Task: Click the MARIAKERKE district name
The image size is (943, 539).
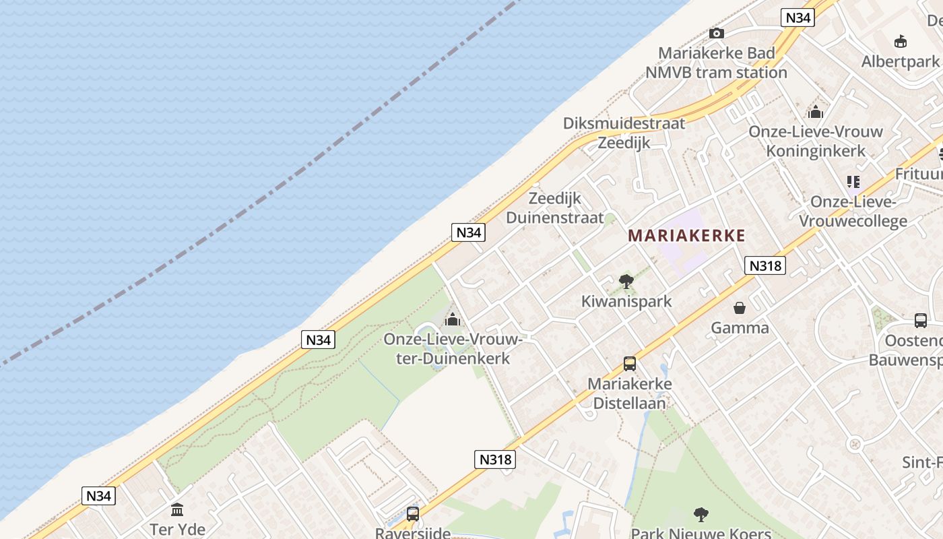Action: click(x=686, y=236)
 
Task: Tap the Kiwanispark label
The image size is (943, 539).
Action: click(x=626, y=301)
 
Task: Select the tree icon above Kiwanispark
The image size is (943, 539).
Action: click(x=626, y=282)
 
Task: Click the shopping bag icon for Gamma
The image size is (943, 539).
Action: click(x=740, y=308)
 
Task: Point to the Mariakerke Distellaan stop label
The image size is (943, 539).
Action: click(x=629, y=393)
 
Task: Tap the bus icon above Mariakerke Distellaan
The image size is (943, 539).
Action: click(x=630, y=364)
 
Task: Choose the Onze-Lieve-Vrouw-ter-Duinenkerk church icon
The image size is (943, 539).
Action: click(x=453, y=319)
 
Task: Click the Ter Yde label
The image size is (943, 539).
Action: click(x=178, y=530)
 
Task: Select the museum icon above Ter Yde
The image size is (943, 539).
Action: click(x=177, y=509)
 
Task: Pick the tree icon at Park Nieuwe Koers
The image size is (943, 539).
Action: click(x=701, y=515)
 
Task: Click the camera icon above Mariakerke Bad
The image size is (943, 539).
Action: click(x=717, y=33)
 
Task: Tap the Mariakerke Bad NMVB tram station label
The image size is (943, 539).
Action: click(x=717, y=63)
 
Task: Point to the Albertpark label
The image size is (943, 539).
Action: click(x=900, y=62)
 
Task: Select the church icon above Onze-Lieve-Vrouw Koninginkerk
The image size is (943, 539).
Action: click(x=816, y=111)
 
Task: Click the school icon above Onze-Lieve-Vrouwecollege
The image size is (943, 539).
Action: click(x=853, y=181)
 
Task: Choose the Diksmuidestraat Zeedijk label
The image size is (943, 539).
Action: click(x=624, y=133)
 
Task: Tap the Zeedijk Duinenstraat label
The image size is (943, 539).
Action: click(x=555, y=208)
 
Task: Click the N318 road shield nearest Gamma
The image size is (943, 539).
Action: click(x=766, y=265)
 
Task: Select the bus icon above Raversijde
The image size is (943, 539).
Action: click(x=413, y=513)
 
